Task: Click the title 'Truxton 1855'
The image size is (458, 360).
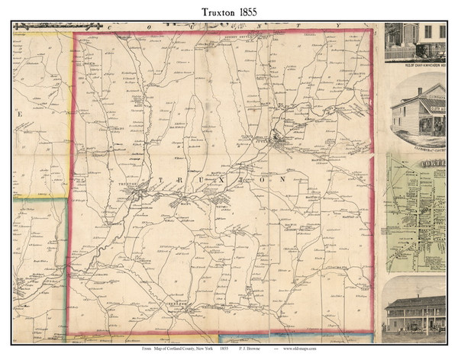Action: pos(228,11)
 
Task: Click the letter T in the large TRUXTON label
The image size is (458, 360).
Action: pos(162,179)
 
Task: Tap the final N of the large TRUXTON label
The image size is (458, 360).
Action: pos(283,179)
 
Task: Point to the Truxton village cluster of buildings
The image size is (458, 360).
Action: pos(138,197)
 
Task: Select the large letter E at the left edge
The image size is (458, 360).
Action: pos(21,115)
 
